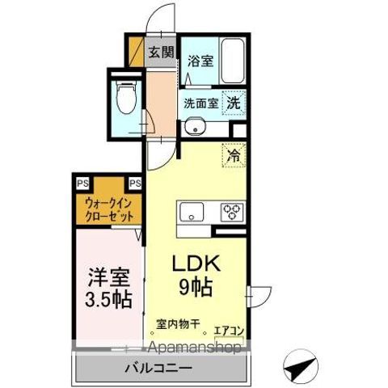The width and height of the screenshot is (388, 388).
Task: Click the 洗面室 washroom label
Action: [x=200, y=103]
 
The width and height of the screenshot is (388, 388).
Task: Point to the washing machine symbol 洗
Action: [x=234, y=103]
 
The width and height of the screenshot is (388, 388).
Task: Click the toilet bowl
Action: [x=127, y=99]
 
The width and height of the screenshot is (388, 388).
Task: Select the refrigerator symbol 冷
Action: [x=233, y=155]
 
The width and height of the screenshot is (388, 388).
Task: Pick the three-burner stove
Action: [x=233, y=213]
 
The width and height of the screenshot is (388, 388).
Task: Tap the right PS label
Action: [x=134, y=183]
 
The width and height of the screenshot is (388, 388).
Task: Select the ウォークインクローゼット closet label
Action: [x=108, y=209]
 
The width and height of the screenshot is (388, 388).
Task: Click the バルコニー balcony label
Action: [x=158, y=369]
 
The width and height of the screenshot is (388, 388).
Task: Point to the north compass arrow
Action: [x=299, y=369]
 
